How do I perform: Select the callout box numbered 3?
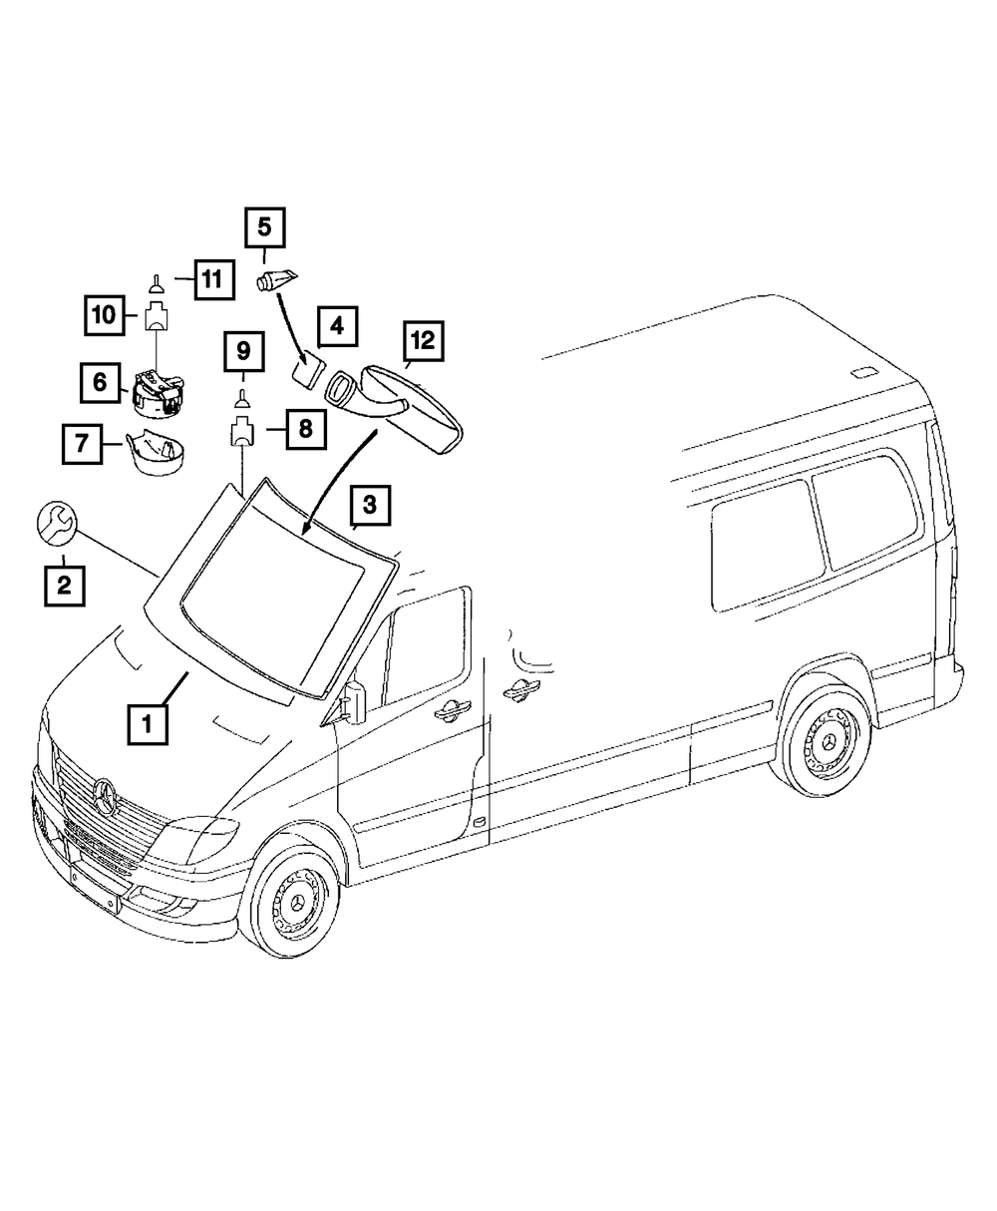[369, 506]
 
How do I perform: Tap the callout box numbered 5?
[265, 227]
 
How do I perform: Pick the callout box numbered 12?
[422, 341]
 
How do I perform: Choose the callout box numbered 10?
[104, 316]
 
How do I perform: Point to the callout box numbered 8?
[305, 429]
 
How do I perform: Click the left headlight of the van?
[205, 830]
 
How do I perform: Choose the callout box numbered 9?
[243, 352]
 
